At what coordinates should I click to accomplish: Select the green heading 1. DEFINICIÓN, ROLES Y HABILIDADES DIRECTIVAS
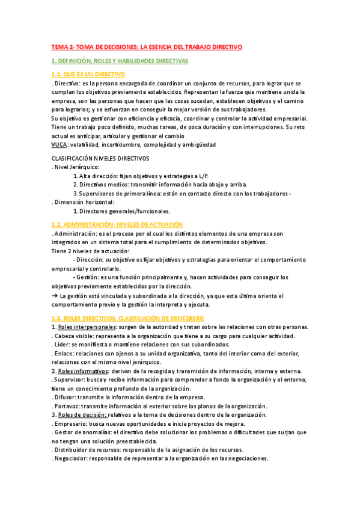tap(120, 61)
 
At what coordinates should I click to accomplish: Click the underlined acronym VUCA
tap(59, 144)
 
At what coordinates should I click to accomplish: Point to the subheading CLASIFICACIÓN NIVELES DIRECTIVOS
tap(100, 158)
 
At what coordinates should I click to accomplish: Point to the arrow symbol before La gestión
tap(55, 295)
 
